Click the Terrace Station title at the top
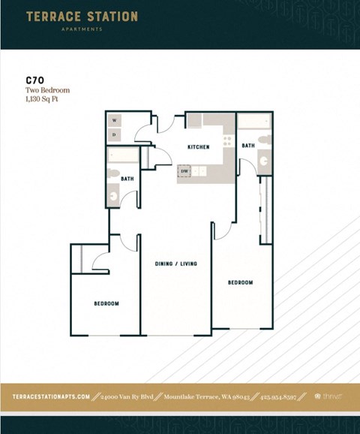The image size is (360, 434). (x=82, y=17)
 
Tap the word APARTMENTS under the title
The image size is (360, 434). (x=82, y=30)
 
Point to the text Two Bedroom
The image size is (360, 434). (x=47, y=90)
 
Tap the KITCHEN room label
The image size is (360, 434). (x=198, y=147)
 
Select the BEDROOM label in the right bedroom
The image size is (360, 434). (x=240, y=282)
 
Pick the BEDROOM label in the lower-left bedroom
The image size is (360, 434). (x=106, y=303)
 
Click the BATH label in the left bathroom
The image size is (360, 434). (x=127, y=179)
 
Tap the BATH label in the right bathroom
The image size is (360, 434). (x=248, y=145)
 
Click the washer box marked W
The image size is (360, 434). (x=115, y=120)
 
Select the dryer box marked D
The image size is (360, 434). (x=115, y=134)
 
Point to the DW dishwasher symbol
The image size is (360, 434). (x=184, y=171)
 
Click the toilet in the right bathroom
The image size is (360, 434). (x=265, y=161)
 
